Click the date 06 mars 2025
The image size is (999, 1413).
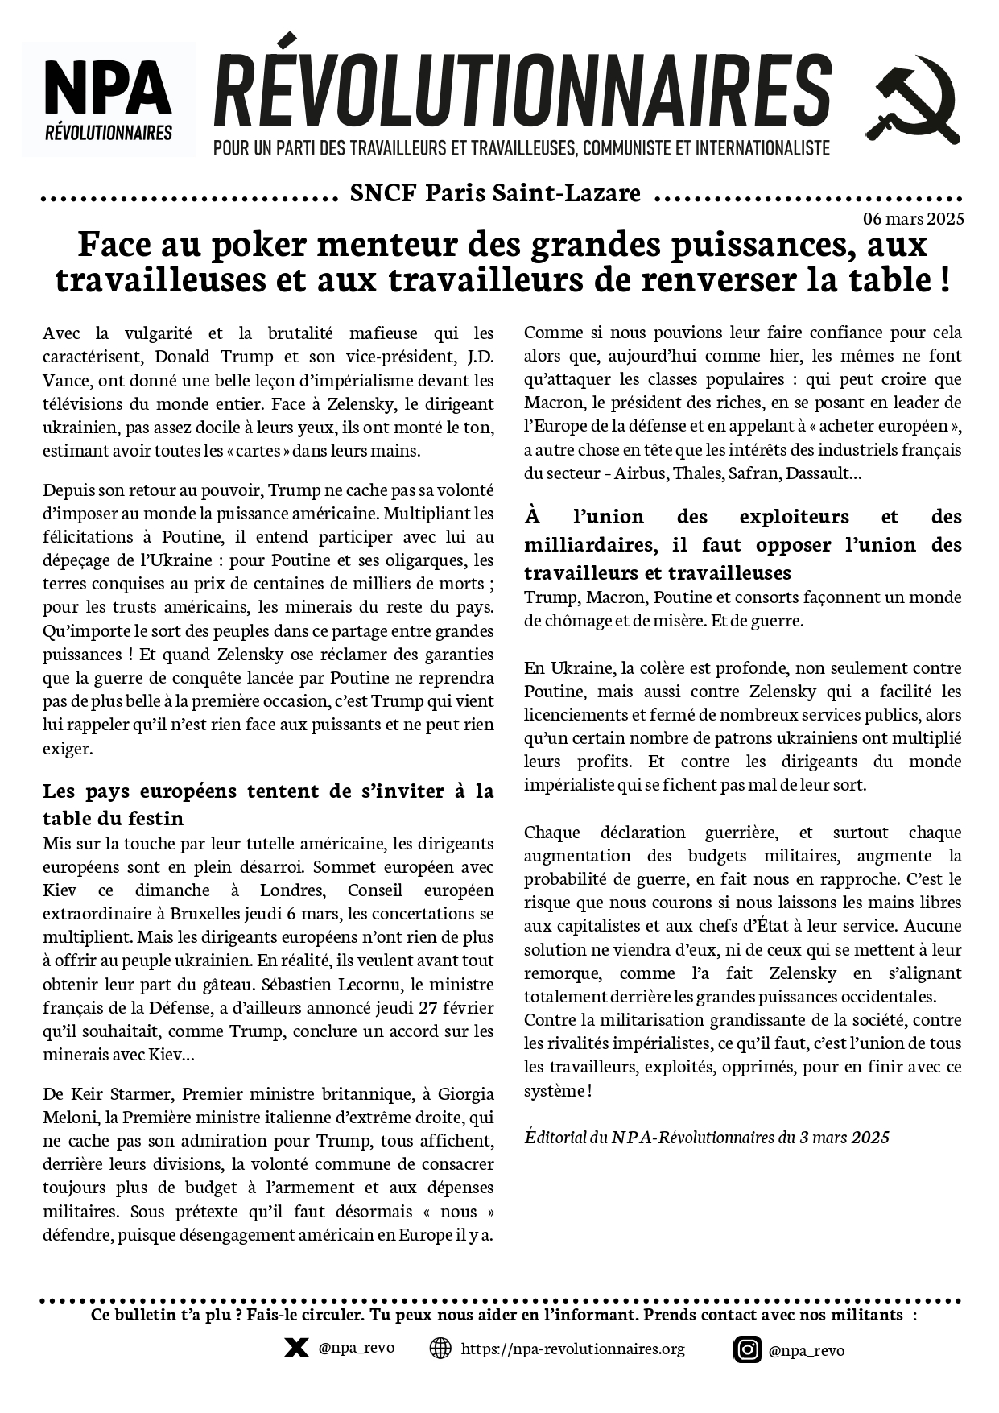(x=913, y=219)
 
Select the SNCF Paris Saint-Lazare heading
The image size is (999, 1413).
(x=496, y=193)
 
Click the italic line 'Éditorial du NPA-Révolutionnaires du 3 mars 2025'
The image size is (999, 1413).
(x=707, y=1137)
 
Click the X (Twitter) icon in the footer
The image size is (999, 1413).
(x=296, y=1348)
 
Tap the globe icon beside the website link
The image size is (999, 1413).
(x=440, y=1348)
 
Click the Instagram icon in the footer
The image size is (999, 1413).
(x=747, y=1349)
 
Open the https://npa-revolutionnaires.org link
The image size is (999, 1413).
(x=572, y=1349)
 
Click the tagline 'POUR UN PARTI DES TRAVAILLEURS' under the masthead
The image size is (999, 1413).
(x=521, y=149)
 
